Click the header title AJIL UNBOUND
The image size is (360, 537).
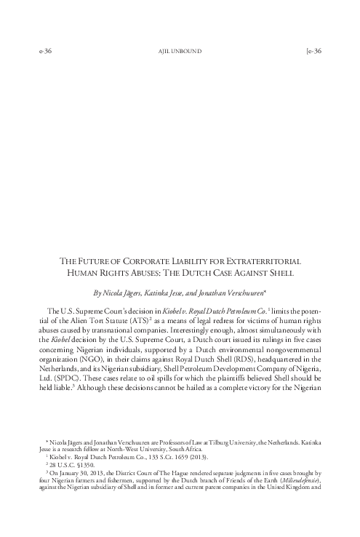(180, 51)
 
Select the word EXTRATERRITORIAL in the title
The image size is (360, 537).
(271, 260)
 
